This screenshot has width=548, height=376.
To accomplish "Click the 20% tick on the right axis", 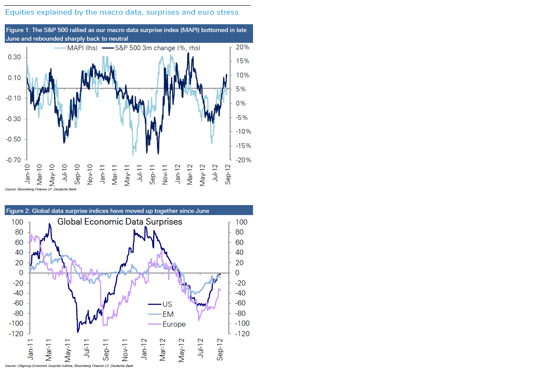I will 243,47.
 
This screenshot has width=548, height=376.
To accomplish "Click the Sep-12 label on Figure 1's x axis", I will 228,174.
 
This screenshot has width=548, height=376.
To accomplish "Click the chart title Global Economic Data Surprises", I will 120,222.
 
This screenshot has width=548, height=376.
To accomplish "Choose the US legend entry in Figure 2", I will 167,304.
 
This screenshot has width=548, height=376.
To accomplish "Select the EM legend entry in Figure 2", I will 168,314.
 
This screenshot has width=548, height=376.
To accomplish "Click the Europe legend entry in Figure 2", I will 174,324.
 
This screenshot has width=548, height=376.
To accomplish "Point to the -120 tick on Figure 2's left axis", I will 16,334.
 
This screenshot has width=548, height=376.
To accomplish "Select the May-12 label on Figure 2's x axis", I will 182,349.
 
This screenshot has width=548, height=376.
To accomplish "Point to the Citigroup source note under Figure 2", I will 69,366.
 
